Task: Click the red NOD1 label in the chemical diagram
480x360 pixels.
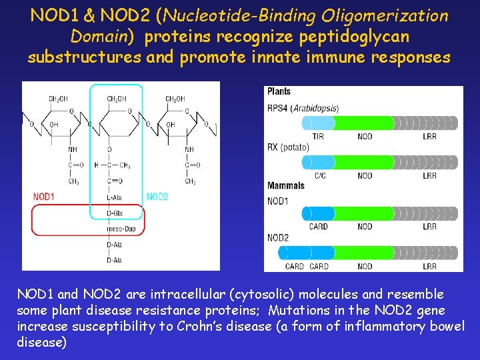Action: click(44, 196)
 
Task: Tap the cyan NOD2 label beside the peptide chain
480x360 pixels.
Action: click(157, 196)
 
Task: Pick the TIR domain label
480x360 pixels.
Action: click(318, 136)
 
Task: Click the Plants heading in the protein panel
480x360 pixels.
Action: click(279, 91)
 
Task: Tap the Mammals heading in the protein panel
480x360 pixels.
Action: click(285, 186)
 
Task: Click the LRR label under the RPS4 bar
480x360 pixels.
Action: click(429, 136)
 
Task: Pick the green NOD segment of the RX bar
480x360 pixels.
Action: click(363, 162)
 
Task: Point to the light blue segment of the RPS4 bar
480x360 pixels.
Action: click(318, 123)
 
